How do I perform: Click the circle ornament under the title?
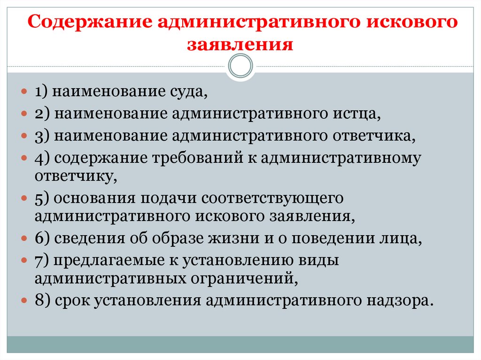click(240, 66)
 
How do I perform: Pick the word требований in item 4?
click(196, 159)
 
